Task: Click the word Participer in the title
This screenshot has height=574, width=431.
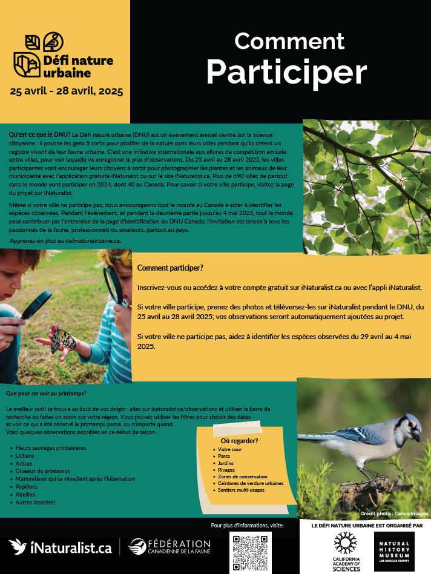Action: click(286, 72)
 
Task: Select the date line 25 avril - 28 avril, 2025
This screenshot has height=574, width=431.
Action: click(66, 92)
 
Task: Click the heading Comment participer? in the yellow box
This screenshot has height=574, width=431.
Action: click(170, 268)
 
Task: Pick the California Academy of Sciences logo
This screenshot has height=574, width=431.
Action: click(346, 551)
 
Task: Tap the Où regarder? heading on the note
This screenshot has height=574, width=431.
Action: click(239, 441)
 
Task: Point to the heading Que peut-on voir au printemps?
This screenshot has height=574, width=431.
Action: click(46, 394)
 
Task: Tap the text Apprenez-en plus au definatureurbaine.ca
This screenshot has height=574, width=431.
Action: click(65, 241)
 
